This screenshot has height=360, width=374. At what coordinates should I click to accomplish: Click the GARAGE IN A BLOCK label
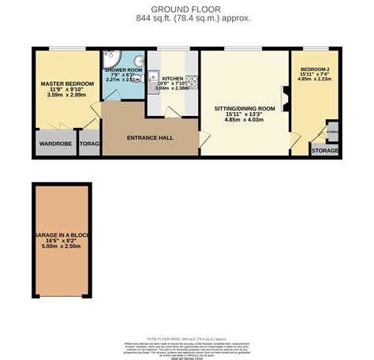62,235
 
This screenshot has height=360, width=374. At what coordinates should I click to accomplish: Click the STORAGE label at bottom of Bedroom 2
324,150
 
